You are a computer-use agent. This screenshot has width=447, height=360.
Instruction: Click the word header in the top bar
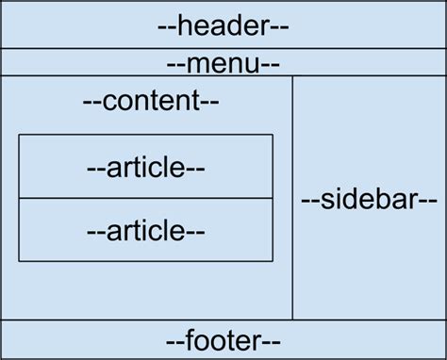point(223,25)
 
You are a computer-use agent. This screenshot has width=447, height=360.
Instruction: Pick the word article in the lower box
point(146,229)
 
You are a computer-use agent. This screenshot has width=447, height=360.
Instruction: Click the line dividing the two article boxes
point(146,198)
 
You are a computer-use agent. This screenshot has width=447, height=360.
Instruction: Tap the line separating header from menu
point(223,48)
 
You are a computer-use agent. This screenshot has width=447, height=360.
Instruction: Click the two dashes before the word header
point(167,26)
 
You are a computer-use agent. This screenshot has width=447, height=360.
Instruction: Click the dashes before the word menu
point(175,65)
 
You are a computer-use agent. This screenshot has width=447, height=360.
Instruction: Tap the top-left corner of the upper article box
point(19,135)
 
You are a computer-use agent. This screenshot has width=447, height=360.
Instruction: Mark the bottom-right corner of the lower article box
point(273,261)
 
